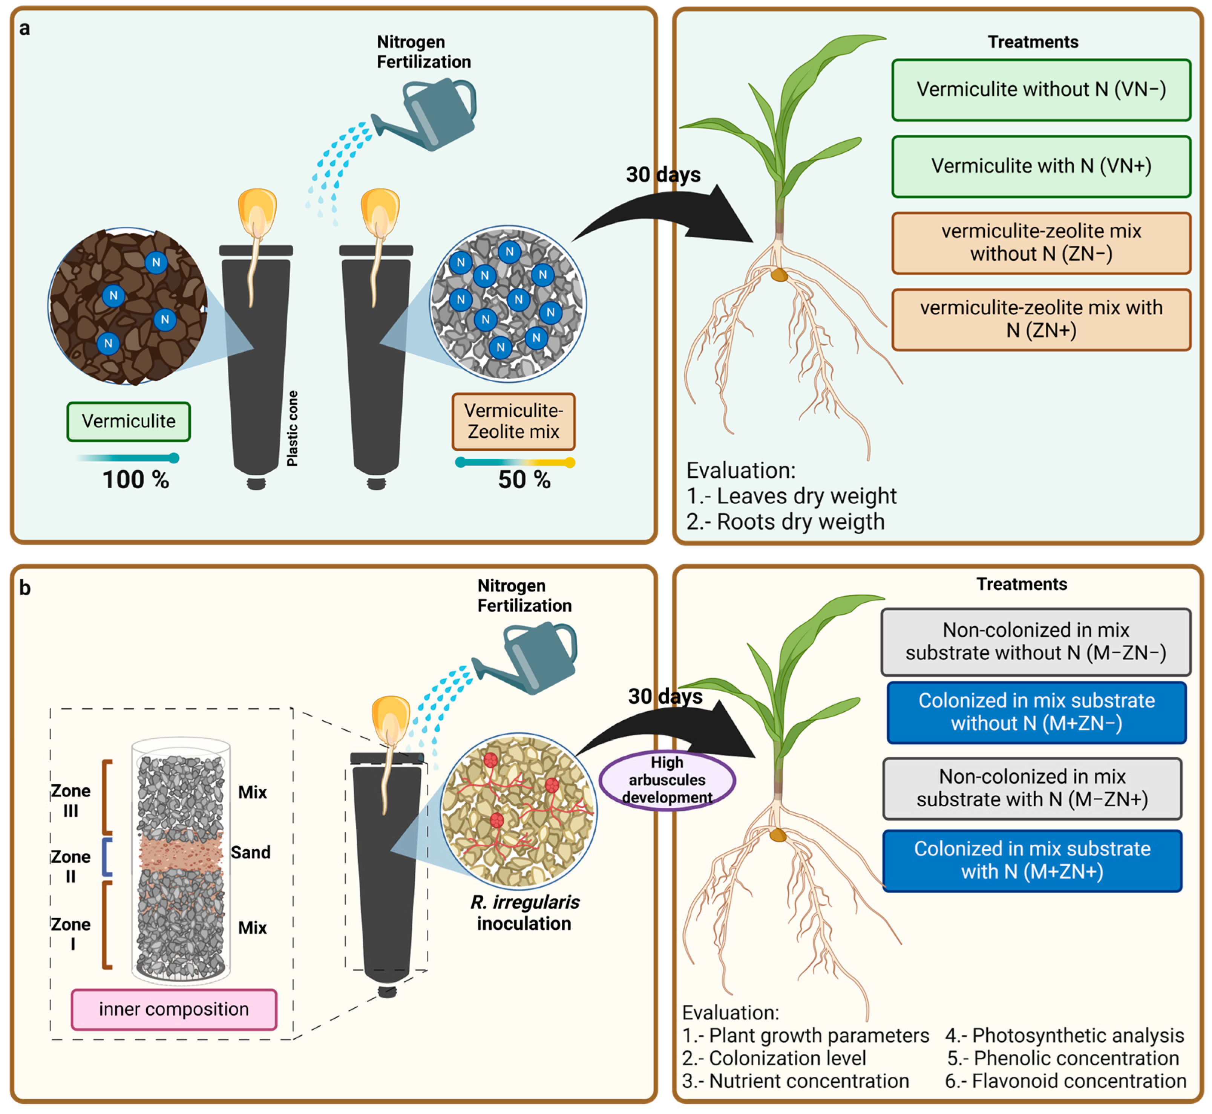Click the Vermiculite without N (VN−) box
(x=1041, y=90)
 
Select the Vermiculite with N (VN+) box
(x=1041, y=167)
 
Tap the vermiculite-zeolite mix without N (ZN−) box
(x=1041, y=243)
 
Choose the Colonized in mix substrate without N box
(x=1036, y=712)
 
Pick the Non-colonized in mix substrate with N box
(x=1032, y=788)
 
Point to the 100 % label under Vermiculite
(x=136, y=480)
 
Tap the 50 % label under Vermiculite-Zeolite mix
(x=524, y=480)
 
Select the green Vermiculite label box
(x=129, y=421)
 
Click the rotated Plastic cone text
(x=293, y=428)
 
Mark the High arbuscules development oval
(x=667, y=780)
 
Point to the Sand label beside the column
(x=250, y=853)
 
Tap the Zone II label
(x=70, y=866)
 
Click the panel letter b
(x=25, y=588)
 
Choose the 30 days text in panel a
(x=663, y=175)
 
